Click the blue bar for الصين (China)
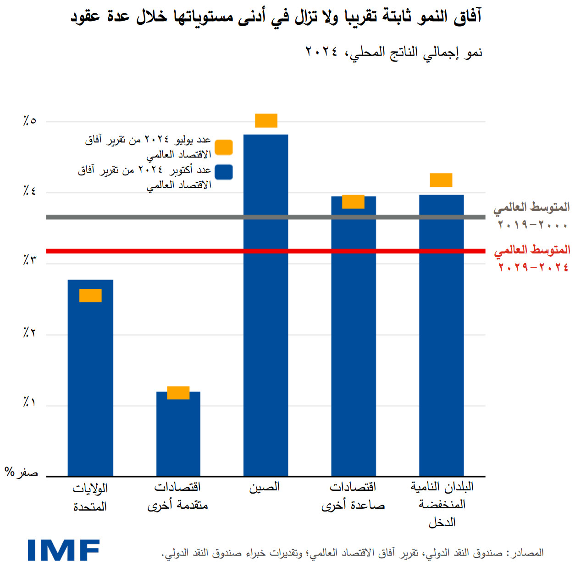[x=265, y=321]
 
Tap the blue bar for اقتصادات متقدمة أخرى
[x=178, y=436]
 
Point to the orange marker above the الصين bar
[x=266, y=120]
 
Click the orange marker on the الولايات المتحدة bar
[x=90, y=295]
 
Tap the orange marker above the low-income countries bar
[x=441, y=180]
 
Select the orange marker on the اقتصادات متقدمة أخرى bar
[x=178, y=393]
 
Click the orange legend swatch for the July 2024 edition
[x=224, y=147]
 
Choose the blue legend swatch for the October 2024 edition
[x=224, y=172]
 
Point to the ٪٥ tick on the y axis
[x=29, y=121]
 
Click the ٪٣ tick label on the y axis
[x=29, y=260]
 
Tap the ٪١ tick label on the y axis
[x=29, y=403]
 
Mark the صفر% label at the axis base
[x=21, y=472]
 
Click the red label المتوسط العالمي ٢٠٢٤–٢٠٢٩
[x=532, y=258]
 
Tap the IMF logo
[x=63, y=550]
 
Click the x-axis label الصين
[x=265, y=487]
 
